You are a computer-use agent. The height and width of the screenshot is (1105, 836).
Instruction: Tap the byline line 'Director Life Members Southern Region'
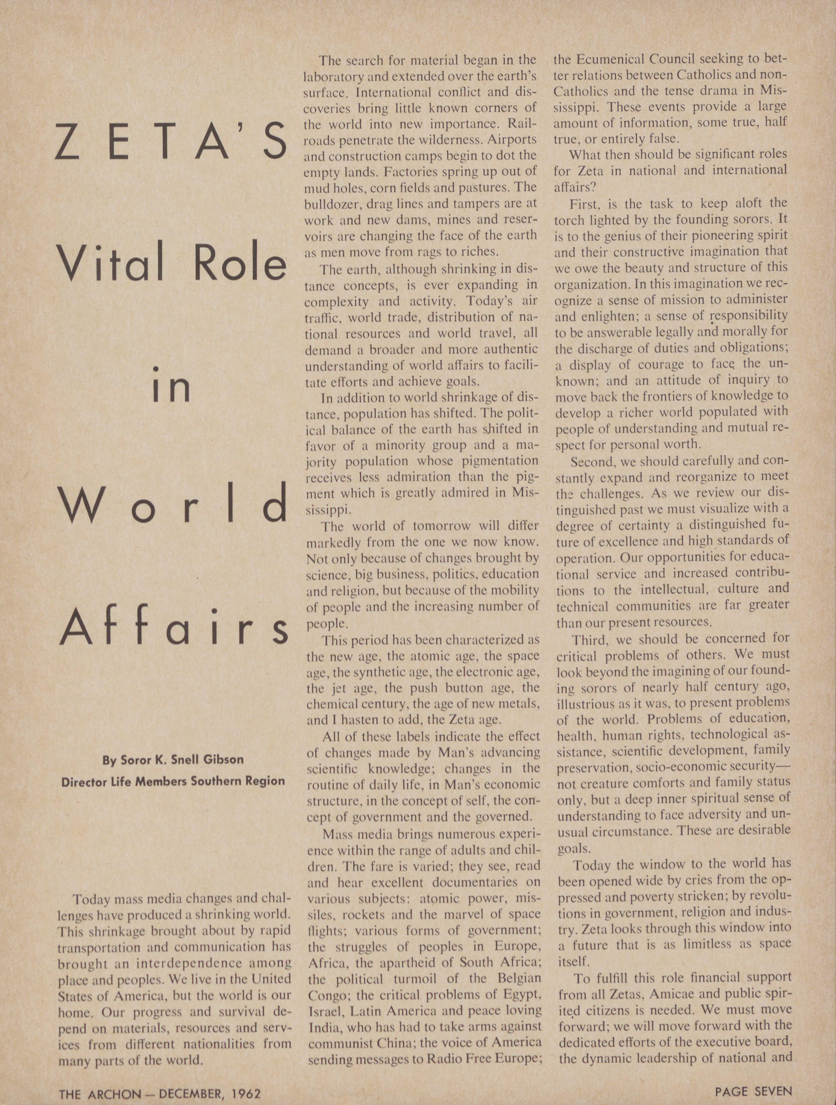(173, 781)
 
